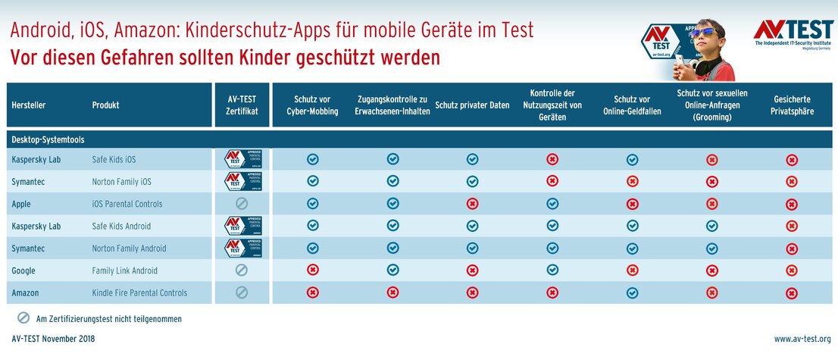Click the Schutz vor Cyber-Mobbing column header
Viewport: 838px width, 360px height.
click(312, 105)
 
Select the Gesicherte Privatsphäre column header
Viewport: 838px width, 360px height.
click(791, 105)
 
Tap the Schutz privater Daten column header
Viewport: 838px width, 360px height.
click(472, 105)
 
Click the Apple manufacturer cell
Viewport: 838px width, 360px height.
click(21, 204)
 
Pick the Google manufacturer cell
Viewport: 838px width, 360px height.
click(23, 271)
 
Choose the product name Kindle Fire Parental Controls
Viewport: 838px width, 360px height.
click(139, 293)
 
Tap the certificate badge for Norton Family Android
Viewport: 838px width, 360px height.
click(242, 248)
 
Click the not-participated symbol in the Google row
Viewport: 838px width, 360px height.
click(242, 271)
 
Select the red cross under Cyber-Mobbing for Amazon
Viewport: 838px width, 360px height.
click(312, 293)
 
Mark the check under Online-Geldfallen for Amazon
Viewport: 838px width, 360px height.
click(632, 293)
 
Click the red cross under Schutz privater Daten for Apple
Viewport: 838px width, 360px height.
click(472, 204)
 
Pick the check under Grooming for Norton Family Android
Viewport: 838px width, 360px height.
click(711, 248)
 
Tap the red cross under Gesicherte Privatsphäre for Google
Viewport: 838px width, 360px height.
click(791, 271)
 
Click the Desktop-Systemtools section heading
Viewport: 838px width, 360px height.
click(48, 139)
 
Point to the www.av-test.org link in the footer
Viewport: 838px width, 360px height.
click(802, 339)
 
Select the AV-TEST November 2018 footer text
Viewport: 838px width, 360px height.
click(53, 339)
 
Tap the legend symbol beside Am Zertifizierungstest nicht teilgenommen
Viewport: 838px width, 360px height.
click(23, 318)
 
